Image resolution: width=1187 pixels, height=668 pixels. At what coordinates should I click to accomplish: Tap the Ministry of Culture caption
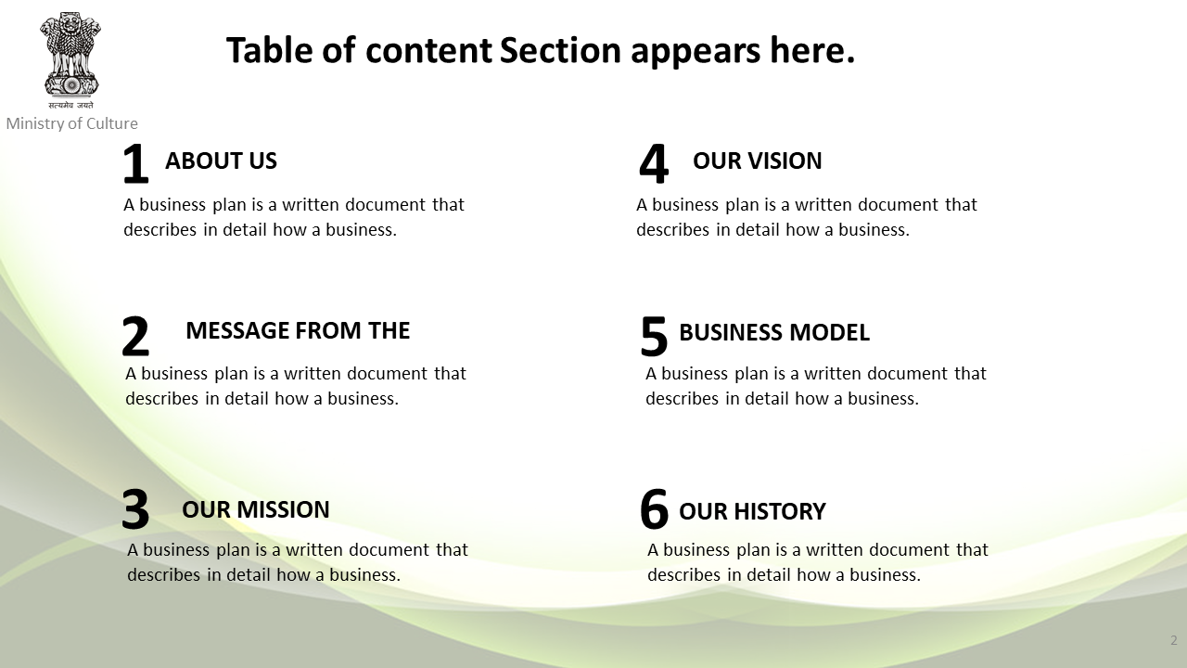(x=72, y=123)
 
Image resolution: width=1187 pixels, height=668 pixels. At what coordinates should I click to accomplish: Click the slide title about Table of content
(x=541, y=51)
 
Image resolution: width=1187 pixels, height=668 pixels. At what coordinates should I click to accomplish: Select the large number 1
(x=135, y=164)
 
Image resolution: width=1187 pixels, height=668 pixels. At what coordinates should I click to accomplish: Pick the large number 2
(x=135, y=336)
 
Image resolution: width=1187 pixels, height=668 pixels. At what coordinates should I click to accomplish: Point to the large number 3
(x=135, y=509)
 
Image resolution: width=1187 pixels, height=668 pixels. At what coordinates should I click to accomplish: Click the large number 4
(x=654, y=164)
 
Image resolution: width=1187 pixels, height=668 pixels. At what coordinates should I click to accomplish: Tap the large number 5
(x=654, y=336)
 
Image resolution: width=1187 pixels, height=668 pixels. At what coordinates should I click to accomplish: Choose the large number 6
(x=654, y=509)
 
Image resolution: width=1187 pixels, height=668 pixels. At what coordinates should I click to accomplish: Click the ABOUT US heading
(x=221, y=161)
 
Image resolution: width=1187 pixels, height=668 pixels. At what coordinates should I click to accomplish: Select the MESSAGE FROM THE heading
(x=298, y=330)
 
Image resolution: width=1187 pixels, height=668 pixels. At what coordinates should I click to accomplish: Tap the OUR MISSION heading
(x=255, y=509)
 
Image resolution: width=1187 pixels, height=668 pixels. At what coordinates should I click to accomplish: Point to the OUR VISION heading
(x=758, y=161)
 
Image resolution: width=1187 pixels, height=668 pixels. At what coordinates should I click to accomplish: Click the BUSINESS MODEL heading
(x=774, y=332)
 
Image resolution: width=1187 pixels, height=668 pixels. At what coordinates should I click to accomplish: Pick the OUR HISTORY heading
(x=752, y=511)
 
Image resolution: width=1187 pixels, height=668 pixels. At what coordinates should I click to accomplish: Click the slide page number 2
(x=1174, y=640)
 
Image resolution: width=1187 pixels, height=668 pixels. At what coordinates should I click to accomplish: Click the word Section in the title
(x=560, y=51)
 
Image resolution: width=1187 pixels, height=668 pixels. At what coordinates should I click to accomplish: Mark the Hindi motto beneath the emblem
(x=70, y=105)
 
